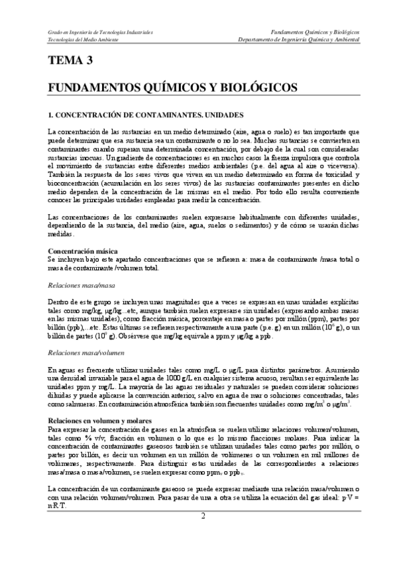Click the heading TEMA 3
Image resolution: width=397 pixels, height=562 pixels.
point(71,62)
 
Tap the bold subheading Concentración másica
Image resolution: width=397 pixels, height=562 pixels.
point(84,251)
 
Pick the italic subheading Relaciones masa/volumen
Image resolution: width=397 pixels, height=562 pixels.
point(84,353)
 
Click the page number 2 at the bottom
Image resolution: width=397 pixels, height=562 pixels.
point(204,516)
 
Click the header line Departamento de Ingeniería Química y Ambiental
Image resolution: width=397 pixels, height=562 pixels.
point(303,39)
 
